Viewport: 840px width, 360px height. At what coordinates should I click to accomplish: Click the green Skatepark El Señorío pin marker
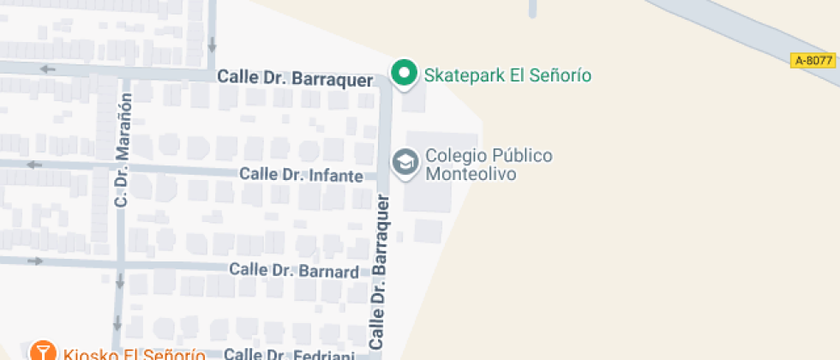(404, 73)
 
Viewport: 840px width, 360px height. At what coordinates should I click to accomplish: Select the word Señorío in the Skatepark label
(562, 75)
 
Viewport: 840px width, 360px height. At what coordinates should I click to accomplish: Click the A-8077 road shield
(813, 60)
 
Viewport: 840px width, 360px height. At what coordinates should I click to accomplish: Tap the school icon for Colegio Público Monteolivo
(404, 161)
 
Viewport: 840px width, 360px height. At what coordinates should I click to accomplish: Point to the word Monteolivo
(469, 173)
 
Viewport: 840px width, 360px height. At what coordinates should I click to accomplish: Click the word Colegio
(455, 156)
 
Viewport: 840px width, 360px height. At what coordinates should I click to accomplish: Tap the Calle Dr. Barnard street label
(293, 271)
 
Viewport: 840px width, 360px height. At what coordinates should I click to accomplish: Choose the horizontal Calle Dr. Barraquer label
(295, 78)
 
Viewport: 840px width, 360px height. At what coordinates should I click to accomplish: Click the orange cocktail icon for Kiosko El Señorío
(40, 351)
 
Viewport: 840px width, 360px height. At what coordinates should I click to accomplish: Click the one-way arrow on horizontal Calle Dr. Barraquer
(47, 69)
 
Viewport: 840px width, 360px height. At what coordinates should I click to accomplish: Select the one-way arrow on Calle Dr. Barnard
(34, 261)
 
